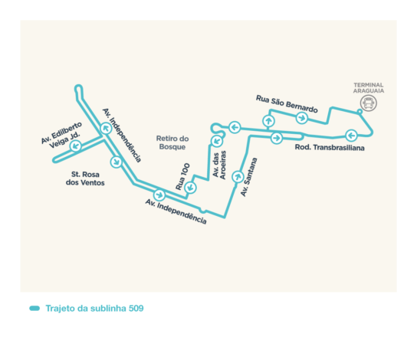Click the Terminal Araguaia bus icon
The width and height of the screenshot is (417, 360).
369,103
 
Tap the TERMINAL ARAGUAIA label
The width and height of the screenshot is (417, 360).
369,88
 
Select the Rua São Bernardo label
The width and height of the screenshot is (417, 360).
287,104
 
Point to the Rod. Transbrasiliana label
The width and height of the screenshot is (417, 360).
330,148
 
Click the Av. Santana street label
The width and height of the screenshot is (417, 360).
249,177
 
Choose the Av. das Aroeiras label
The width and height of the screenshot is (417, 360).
219,165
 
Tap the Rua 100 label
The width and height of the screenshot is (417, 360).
182,176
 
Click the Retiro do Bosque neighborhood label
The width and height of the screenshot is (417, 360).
172,142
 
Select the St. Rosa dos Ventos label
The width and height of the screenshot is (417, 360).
85,178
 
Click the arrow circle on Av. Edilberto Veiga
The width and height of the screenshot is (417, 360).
76,146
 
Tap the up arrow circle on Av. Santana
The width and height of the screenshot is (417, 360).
238,176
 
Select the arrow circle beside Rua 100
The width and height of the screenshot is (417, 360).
190,188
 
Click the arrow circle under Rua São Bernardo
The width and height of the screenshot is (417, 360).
301,118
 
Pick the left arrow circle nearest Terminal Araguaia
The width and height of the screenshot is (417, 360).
351,136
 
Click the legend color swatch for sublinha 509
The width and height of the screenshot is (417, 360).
34,308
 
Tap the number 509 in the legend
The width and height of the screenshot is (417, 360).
136,308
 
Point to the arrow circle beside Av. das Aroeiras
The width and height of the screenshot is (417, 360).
217,141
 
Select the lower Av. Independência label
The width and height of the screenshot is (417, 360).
176,211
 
